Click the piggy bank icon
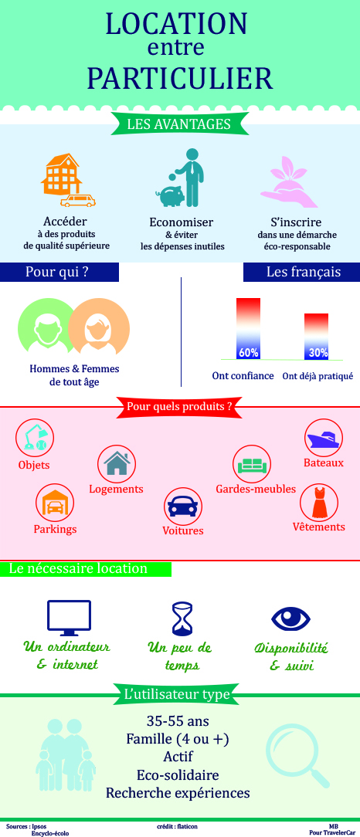point(170,194)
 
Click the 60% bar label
point(248,352)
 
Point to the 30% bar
point(316,337)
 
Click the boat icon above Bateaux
point(324,439)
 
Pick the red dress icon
point(318,503)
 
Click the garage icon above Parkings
point(55,503)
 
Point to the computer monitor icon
point(70,615)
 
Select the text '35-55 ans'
point(178,721)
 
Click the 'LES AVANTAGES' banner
point(179,124)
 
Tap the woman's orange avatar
point(99,327)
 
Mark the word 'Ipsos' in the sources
point(39,825)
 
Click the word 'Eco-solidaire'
point(178,775)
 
